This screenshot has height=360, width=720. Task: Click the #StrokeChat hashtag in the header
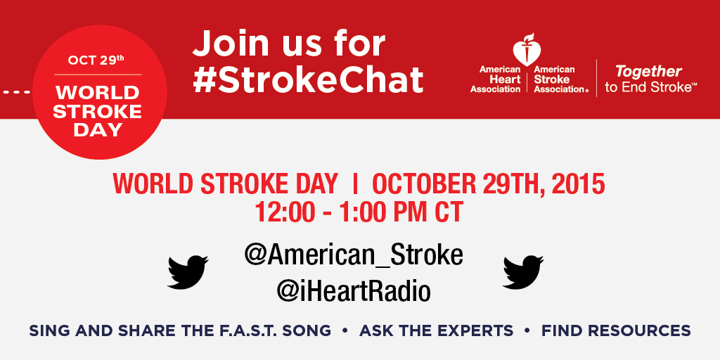(308, 80)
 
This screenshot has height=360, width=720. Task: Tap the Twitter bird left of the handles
(188, 271)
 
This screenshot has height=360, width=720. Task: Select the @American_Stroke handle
(354, 255)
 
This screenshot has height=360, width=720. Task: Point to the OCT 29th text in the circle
(96, 60)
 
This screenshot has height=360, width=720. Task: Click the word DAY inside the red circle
(98, 129)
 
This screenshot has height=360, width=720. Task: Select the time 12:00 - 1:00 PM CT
(359, 211)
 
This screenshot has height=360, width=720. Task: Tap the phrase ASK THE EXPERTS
(436, 330)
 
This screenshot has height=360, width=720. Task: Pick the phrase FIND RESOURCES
(616, 330)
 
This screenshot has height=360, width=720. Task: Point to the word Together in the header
(648, 71)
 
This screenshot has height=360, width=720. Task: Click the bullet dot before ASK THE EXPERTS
(345, 330)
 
